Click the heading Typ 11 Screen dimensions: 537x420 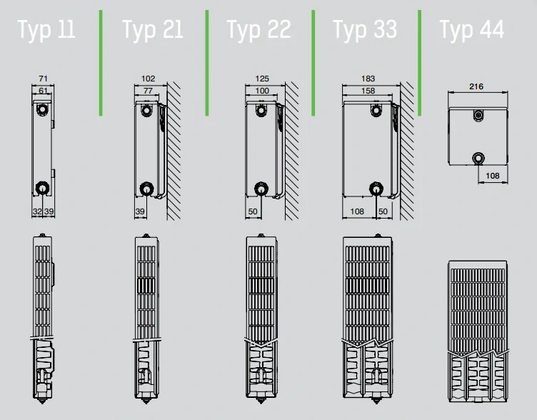point(46,29)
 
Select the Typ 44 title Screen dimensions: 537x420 point(471,29)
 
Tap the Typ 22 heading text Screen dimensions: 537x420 point(259,29)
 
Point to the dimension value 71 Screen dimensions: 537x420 point(43,79)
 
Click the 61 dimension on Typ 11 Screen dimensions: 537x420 point(43,91)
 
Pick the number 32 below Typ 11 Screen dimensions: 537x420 point(37,211)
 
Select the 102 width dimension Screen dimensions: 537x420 point(149,79)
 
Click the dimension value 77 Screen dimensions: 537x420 point(148,91)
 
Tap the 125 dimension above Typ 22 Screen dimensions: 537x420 point(262,79)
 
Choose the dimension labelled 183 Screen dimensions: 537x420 point(368,79)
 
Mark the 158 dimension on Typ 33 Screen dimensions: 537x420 point(368,91)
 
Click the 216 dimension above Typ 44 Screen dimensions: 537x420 point(476,86)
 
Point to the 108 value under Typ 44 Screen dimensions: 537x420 point(493,176)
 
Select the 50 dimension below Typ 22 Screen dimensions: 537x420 point(253,211)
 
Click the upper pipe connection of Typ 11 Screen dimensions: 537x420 point(42,109)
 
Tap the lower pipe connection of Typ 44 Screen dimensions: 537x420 point(478,159)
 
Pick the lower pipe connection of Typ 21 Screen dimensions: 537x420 point(146,189)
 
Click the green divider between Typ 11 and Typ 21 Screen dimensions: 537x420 point(101,63)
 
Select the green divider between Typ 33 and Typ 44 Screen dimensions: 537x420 point(420,63)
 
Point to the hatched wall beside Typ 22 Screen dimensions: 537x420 point(292,151)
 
